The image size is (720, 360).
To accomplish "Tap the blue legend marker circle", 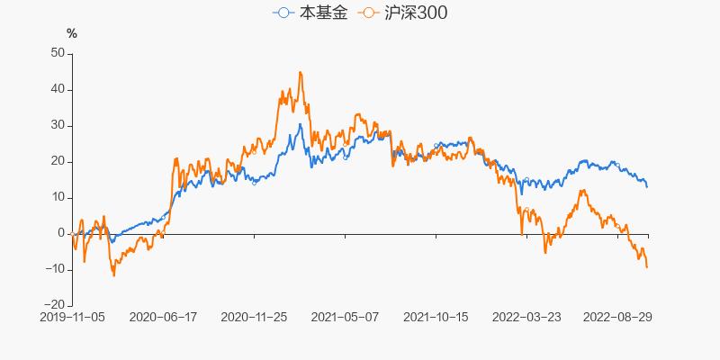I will [284, 13].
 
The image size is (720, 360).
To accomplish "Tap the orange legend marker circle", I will [369, 13].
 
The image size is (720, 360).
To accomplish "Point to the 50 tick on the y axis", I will [58, 53].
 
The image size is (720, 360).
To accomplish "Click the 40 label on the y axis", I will [58, 89].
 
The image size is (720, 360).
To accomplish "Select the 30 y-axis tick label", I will [58, 125].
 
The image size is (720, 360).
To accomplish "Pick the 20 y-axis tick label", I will [58, 161].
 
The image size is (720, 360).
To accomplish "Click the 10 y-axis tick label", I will [58, 197].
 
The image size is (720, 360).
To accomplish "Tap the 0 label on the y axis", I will [61, 233].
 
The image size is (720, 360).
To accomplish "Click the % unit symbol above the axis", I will [72, 33].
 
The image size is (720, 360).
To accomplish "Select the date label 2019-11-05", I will [72, 317].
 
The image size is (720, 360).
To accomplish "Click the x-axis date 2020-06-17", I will [163, 317].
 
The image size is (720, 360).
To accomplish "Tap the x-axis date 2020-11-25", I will [254, 317].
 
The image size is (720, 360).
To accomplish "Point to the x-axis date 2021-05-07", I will [345, 317].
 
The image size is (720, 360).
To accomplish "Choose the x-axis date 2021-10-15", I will [436, 317].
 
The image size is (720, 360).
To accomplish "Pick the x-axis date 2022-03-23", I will [526, 317].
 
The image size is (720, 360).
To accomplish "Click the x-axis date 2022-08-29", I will [617, 317].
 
